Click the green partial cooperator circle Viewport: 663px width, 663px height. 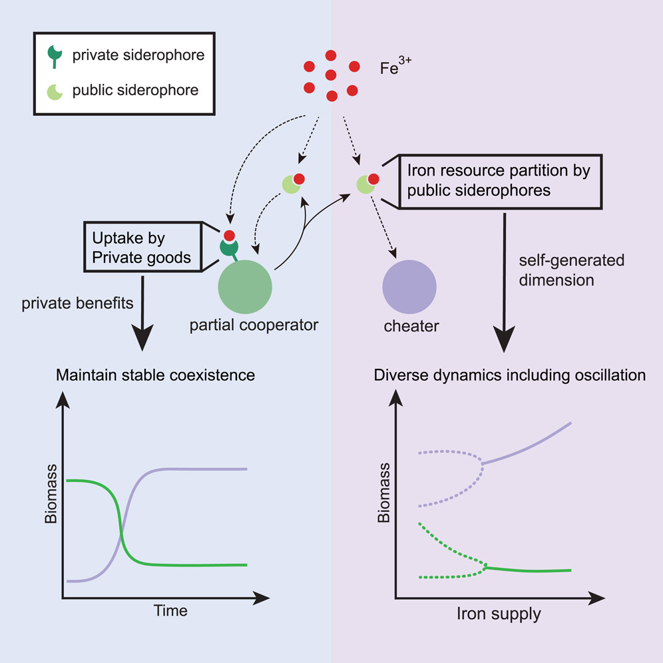(x=245, y=287)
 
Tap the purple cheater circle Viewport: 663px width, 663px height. (x=409, y=287)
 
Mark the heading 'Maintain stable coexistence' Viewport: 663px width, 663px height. (x=155, y=375)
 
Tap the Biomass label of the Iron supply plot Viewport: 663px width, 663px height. (x=383, y=498)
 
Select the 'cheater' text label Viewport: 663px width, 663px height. (x=408, y=326)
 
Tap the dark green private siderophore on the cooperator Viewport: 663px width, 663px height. (x=228, y=248)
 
